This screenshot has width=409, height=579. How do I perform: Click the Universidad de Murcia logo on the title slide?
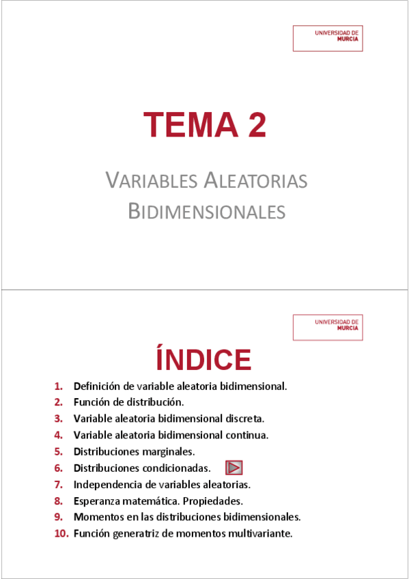328,39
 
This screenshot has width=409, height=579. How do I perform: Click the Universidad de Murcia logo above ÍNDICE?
328,327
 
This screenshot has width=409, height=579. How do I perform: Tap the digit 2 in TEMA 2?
252,124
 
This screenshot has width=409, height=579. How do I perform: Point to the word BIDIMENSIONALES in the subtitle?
206,212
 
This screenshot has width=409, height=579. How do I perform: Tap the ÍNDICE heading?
203,360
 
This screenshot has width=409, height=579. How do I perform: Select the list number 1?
59,386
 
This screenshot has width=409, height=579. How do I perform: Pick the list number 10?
61,533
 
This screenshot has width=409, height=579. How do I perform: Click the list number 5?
59,451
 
